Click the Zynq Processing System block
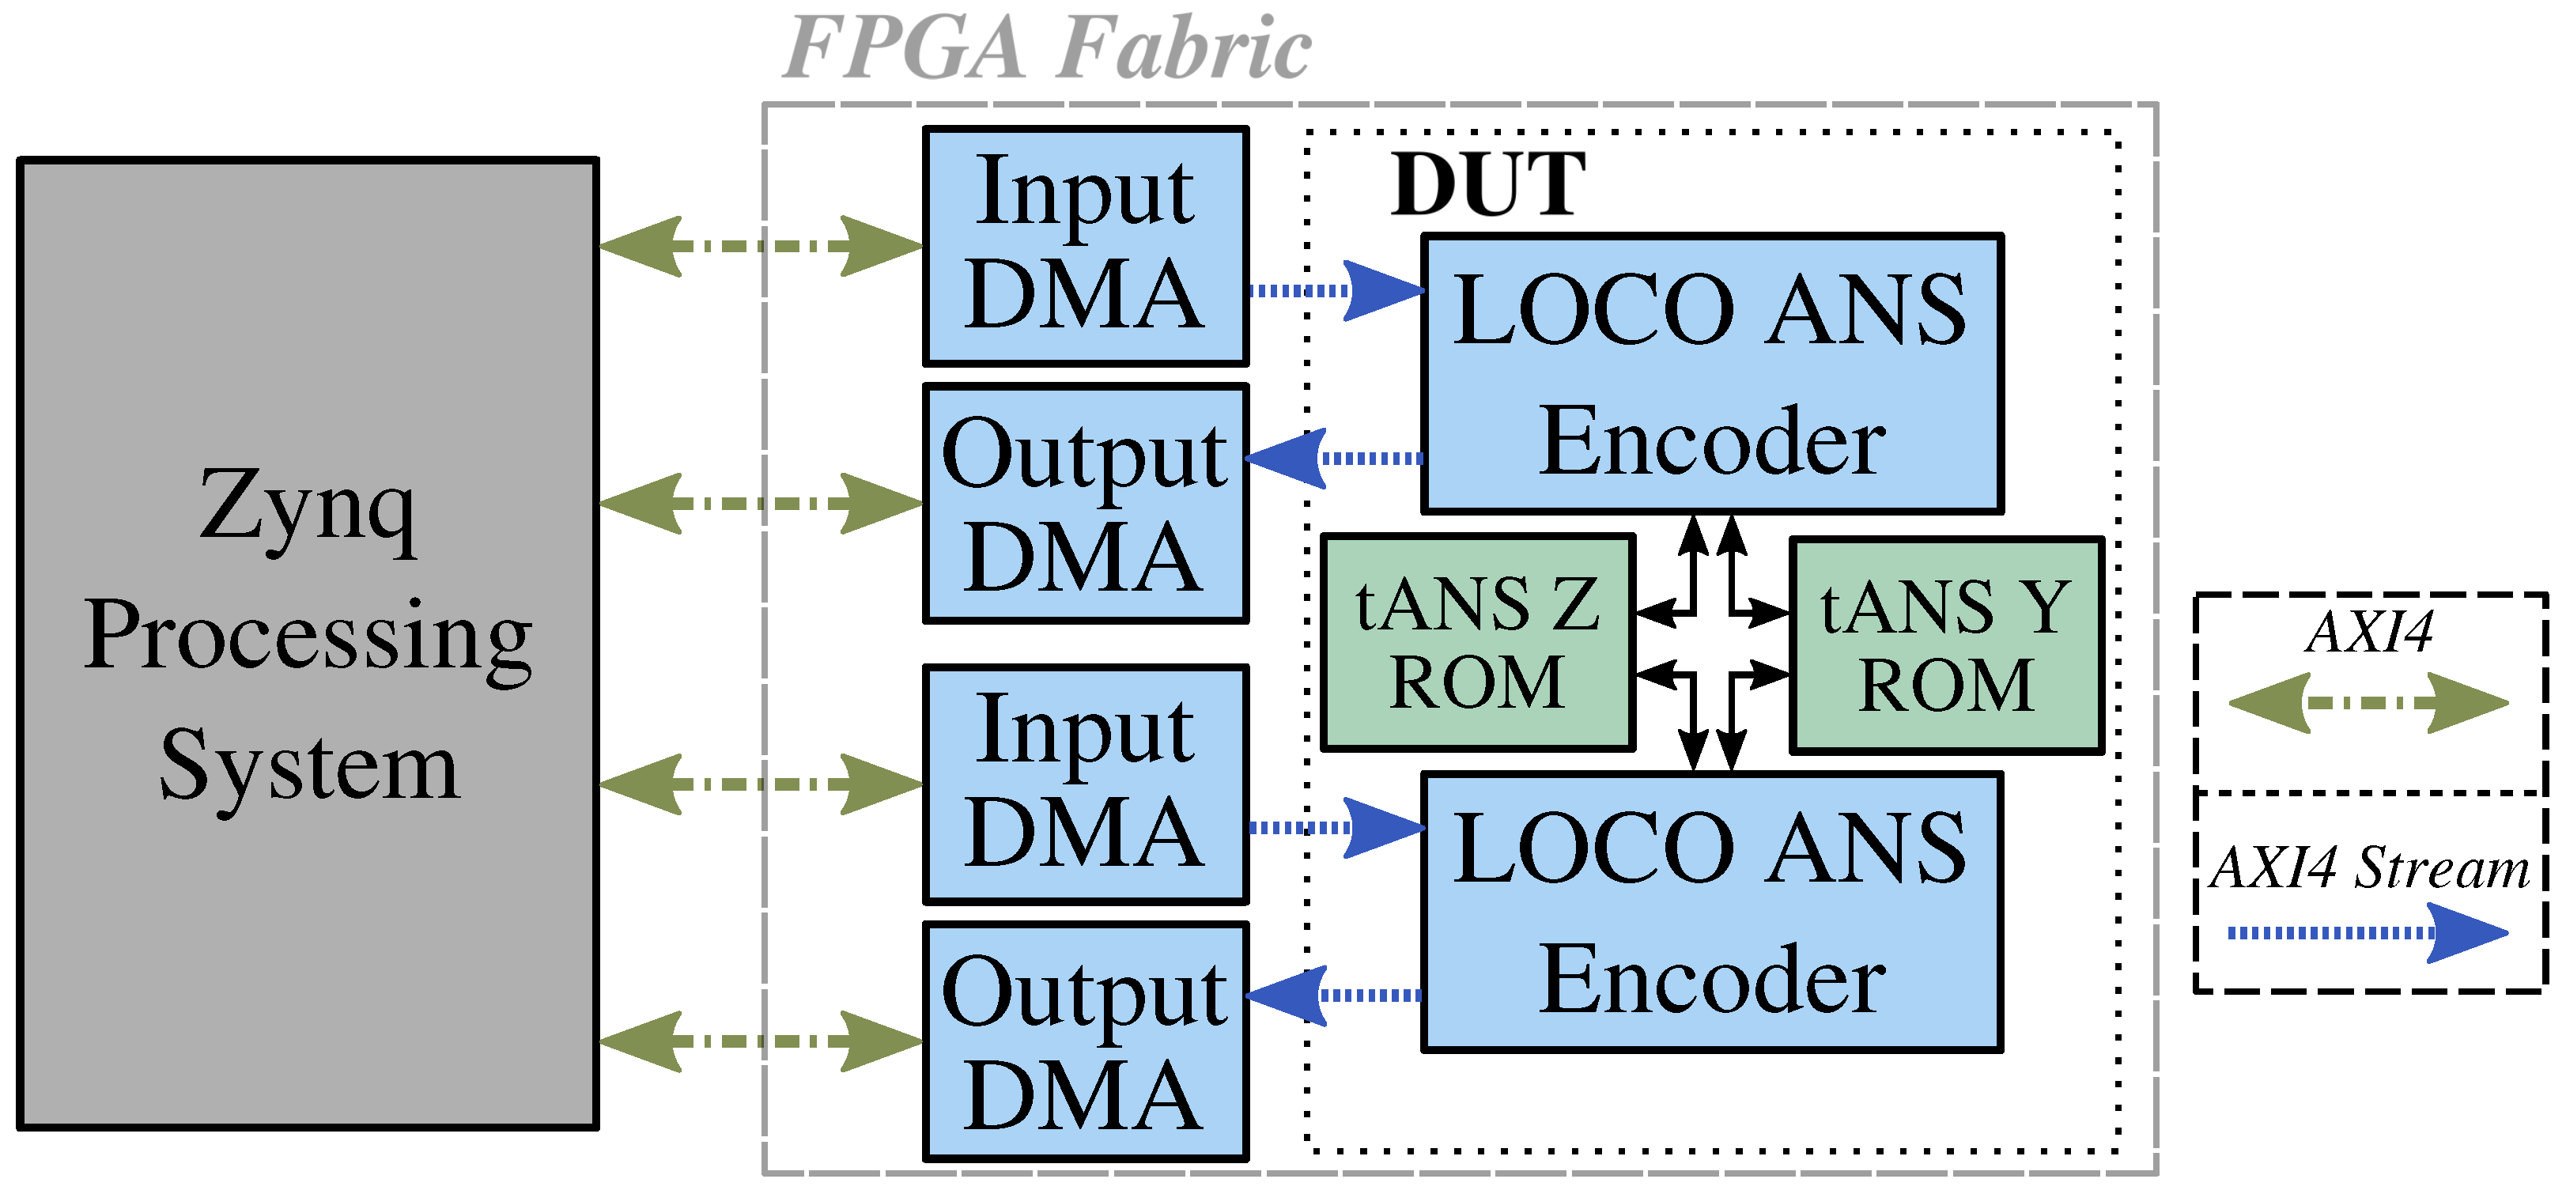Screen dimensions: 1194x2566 (307, 642)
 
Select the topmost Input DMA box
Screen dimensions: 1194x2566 (1085, 245)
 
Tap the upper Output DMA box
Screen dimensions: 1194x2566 (1085, 503)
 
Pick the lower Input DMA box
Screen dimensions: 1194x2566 (1085, 784)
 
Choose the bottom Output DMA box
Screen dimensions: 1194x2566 (1085, 1041)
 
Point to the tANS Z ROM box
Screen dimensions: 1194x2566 (1477, 642)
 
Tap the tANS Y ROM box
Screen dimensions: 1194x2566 (1945, 645)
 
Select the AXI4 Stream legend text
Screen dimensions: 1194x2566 (2369, 867)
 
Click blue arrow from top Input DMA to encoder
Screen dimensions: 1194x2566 (1335, 291)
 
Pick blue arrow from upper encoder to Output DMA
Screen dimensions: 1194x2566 (1335, 458)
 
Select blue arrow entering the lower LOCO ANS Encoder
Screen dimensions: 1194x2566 (1335, 828)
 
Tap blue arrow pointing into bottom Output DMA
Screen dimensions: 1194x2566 (1335, 995)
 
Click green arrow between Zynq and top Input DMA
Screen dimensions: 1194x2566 (761, 245)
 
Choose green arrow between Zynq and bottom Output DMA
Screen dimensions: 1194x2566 (761, 1041)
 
